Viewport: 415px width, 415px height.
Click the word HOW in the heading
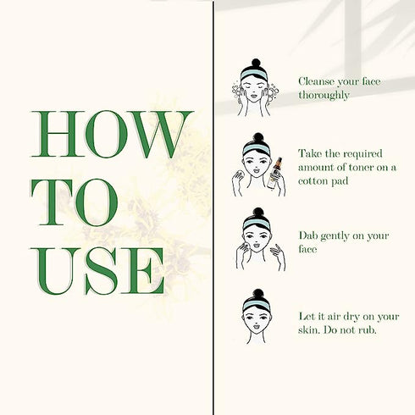click(x=112, y=135)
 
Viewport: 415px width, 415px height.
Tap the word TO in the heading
click(x=75, y=202)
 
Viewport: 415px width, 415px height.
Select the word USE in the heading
click(x=97, y=271)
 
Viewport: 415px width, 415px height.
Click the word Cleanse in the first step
click(x=317, y=81)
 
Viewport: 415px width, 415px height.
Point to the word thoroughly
click(x=324, y=95)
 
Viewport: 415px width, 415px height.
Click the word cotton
click(x=313, y=181)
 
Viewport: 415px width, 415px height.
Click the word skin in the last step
click(x=308, y=329)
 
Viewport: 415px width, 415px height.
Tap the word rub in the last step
click(x=368, y=329)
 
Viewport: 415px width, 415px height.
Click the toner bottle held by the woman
click(x=274, y=173)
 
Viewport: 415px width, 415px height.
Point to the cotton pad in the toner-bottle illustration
click(x=240, y=174)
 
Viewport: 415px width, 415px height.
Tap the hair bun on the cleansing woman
click(x=256, y=63)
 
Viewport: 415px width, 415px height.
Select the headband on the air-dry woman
click(x=256, y=306)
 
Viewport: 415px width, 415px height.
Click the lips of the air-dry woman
click(x=257, y=327)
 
